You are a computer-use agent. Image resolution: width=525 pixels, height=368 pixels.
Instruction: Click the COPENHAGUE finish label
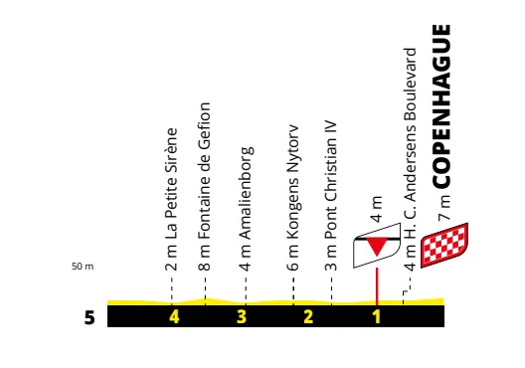(x=443, y=106)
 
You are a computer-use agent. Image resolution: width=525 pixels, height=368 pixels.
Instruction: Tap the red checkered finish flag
(x=442, y=246)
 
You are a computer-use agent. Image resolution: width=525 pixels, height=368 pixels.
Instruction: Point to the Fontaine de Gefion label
(x=206, y=184)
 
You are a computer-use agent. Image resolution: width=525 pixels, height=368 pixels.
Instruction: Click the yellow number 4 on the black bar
(x=174, y=317)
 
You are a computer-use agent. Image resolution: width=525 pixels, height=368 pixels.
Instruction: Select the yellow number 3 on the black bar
(x=241, y=317)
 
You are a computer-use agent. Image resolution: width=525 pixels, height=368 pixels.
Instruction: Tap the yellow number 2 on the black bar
(x=308, y=317)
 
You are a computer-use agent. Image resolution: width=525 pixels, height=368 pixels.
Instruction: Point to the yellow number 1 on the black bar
(x=377, y=317)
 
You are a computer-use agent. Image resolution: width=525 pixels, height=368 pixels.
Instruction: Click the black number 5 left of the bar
(x=89, y=318)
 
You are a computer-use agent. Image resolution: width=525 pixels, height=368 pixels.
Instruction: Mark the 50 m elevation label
(x=83, y=267)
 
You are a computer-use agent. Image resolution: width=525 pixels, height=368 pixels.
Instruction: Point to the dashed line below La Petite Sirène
(x=172, y=286)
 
